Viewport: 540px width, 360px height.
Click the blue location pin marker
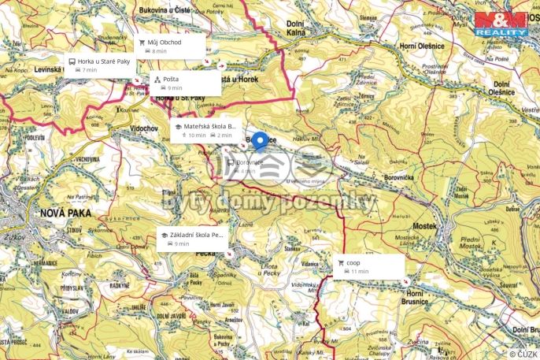click(x=261, y=143)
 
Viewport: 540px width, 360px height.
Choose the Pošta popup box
click(x=184, y=83)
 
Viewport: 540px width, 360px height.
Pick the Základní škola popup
click(x=193, y=239)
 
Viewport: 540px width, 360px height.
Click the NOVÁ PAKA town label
click(x=60, y=213)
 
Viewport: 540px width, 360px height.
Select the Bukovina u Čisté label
click(x=165, y=10)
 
